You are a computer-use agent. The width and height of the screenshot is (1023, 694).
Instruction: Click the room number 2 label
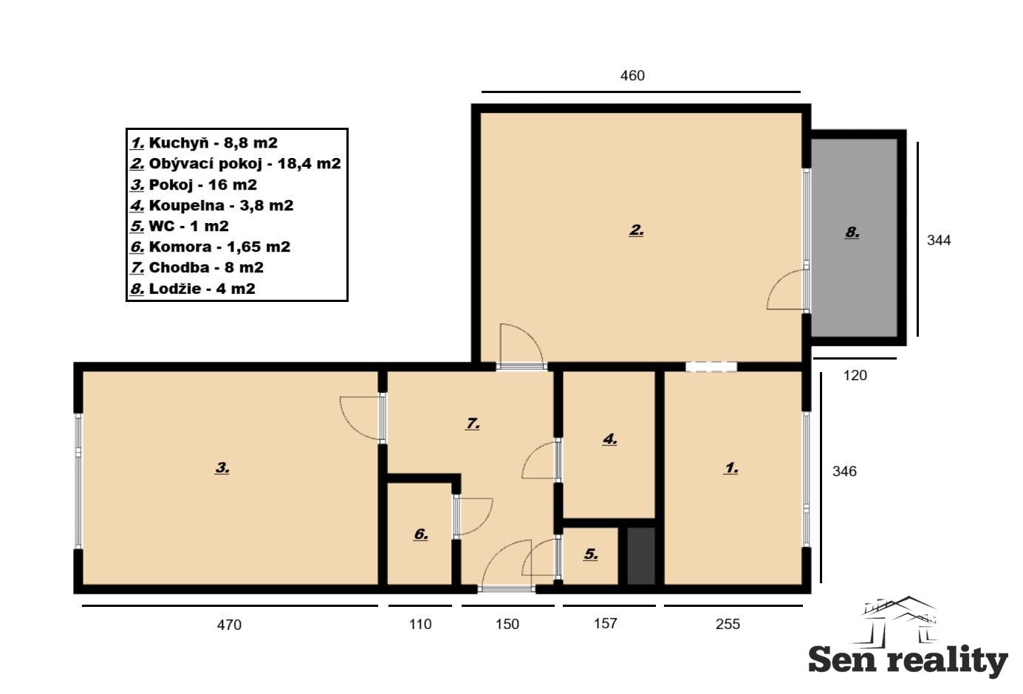636,230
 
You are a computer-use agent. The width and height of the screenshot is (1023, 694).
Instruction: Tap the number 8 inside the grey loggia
852,233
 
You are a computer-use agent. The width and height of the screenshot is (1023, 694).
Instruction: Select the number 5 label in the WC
590,554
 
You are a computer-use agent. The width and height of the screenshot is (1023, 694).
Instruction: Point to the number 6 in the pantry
420,535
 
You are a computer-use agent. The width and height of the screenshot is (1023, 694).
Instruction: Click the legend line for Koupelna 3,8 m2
211,205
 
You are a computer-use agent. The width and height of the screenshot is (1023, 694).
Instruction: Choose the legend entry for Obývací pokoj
235,163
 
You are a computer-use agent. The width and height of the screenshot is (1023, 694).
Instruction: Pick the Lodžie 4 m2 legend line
193,289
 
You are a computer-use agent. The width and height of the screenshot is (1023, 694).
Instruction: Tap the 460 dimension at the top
632,75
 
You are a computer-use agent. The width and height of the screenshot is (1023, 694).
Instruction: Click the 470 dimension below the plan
229,624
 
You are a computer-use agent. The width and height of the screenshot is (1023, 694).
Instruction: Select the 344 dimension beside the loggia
939,240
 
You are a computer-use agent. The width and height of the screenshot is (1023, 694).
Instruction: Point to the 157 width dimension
605,623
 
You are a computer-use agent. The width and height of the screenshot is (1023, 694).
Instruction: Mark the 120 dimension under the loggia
855,375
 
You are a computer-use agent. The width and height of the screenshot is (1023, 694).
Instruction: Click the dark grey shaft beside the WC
641,556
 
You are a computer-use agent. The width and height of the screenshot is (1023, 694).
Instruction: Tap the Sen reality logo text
908,661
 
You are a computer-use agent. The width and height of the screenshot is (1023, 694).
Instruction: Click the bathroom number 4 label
609,439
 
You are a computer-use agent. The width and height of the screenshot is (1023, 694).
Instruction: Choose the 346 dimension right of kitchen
844,471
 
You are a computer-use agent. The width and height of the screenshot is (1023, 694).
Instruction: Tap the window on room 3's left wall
78,481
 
